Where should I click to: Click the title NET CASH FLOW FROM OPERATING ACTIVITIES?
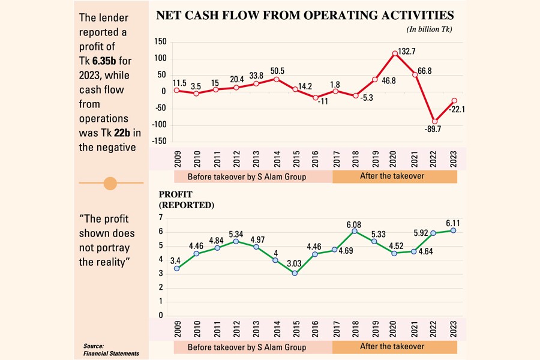point(305,16)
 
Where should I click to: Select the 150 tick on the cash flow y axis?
point(159,41)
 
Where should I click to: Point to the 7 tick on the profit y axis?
point(161,218)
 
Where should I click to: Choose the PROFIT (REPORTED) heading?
point(186,200)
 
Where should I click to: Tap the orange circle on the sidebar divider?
point(110,183)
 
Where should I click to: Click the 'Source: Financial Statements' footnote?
point(111,350)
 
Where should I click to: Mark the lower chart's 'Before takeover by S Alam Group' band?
point(247,347)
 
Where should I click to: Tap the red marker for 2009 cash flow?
point(177,90)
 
